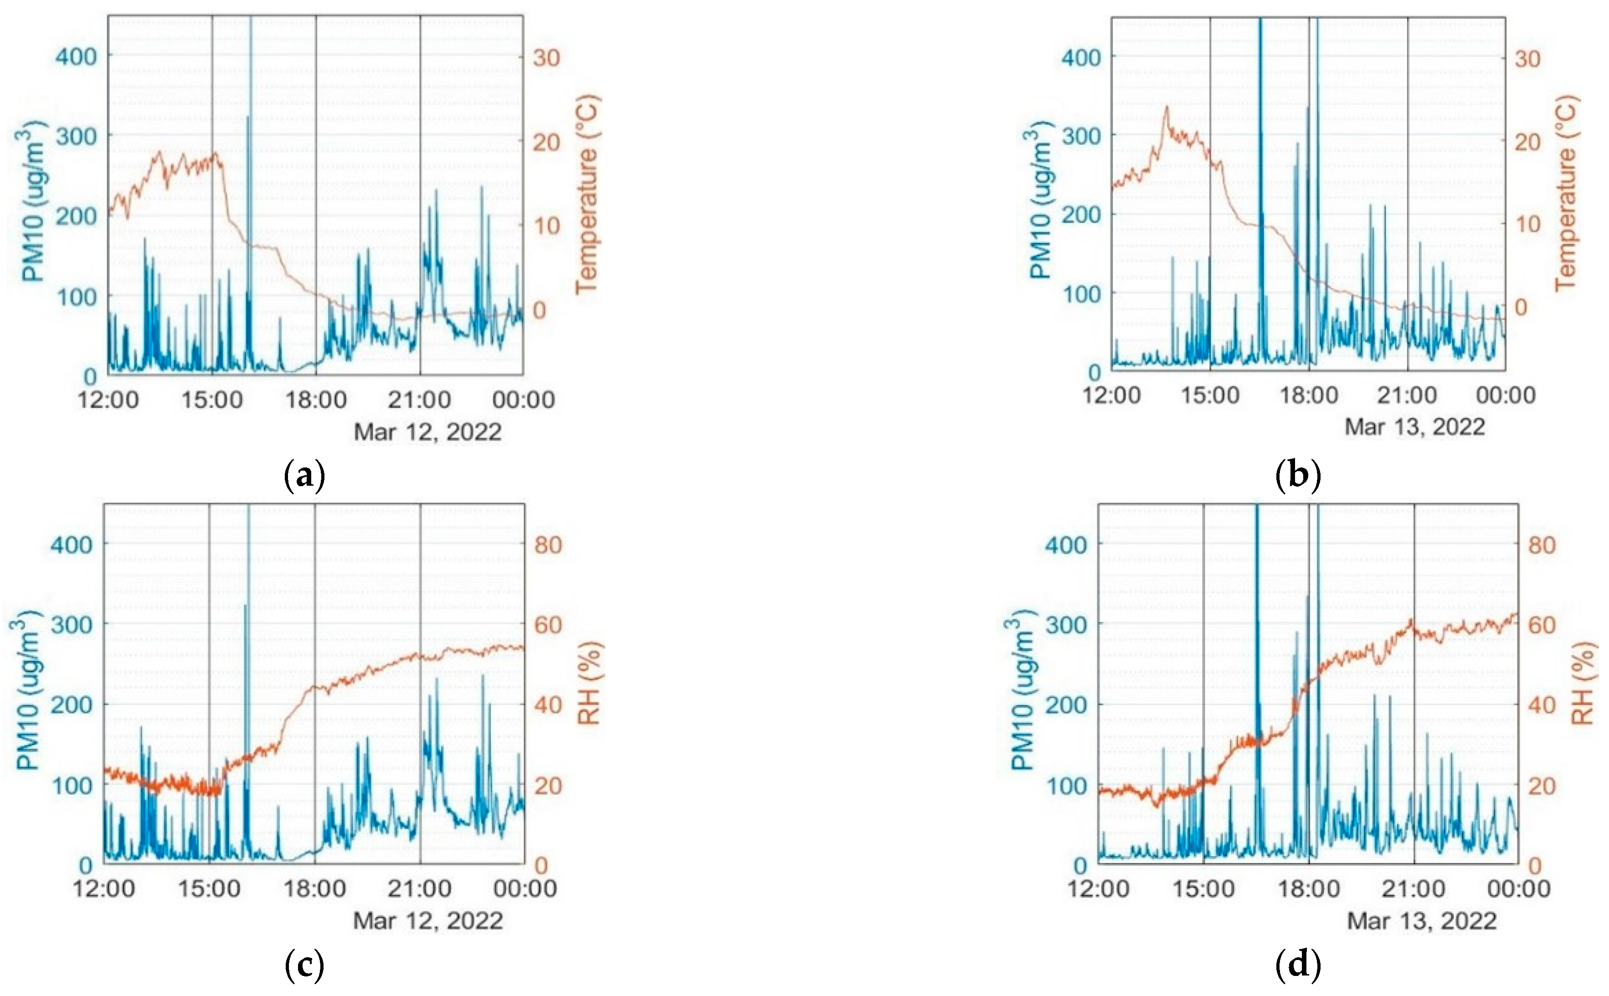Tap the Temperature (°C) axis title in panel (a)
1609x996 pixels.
586,195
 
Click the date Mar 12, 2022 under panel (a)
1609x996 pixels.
427,432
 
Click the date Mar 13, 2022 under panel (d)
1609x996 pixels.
1421,920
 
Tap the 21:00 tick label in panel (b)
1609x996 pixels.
1407,395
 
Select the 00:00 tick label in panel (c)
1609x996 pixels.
524,888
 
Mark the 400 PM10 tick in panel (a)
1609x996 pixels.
76,56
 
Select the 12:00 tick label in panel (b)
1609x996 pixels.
1112,395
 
